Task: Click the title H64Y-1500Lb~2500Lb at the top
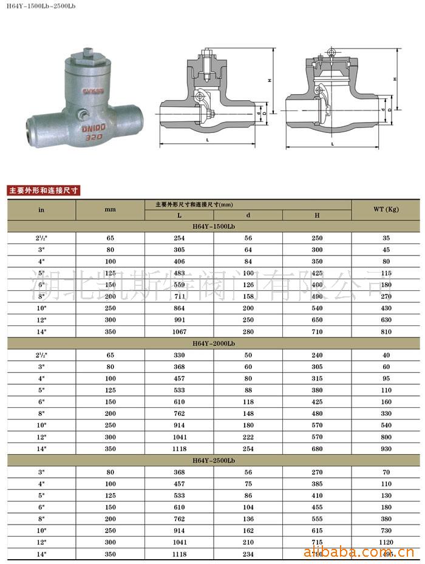41,7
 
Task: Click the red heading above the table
43,190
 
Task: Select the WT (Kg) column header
386,209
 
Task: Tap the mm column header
110,209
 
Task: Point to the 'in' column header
41,209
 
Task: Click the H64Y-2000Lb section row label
213,343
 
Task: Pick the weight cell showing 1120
386,542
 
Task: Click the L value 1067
179,332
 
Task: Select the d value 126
248,285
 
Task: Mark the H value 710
317,332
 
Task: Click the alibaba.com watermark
358,553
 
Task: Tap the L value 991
179,320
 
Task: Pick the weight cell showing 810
386,332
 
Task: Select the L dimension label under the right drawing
333,144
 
